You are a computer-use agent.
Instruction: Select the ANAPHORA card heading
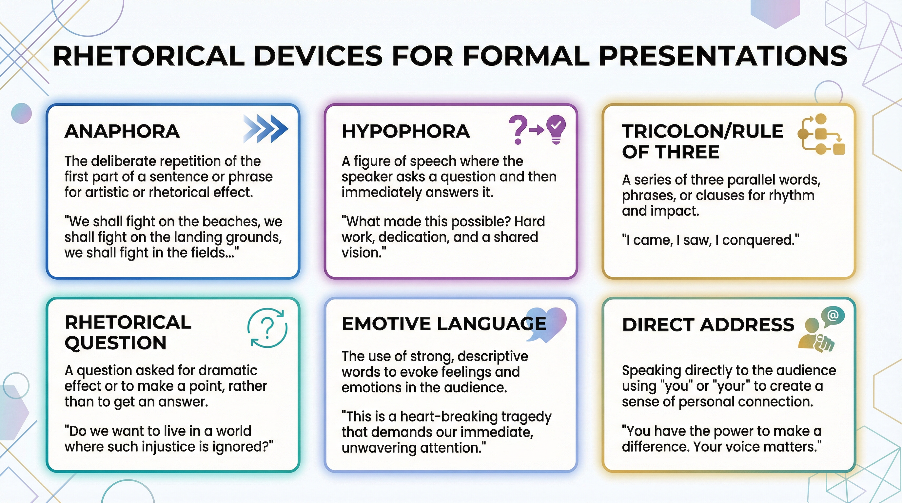pos(122,131)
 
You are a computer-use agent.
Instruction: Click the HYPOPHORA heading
pos(405,131)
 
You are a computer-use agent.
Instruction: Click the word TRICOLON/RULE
pos(702,131)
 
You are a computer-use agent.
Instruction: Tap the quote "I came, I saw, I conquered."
pos(711,240)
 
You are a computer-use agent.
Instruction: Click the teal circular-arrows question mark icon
pos(267,328)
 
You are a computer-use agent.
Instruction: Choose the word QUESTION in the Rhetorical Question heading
pos(116,343)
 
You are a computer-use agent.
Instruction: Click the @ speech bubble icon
pos(833,316)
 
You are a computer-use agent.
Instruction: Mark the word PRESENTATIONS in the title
pos(723,56)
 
